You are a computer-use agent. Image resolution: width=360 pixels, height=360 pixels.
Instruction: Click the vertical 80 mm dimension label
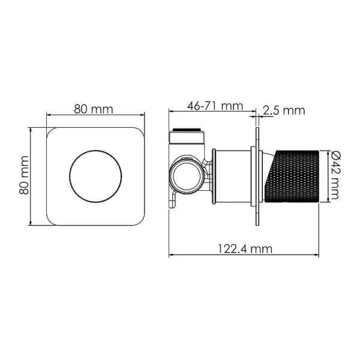[x=25, y=175]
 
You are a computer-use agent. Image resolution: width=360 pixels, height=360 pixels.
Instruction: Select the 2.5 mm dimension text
[x=284, y=110]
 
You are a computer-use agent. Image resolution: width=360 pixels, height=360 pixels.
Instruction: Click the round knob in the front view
[x=95, y=176]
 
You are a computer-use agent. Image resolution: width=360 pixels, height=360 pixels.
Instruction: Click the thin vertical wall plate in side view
[x=258, y=176]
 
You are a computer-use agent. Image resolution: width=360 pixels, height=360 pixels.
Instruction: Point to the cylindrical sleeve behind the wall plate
[x=234, y=175]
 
